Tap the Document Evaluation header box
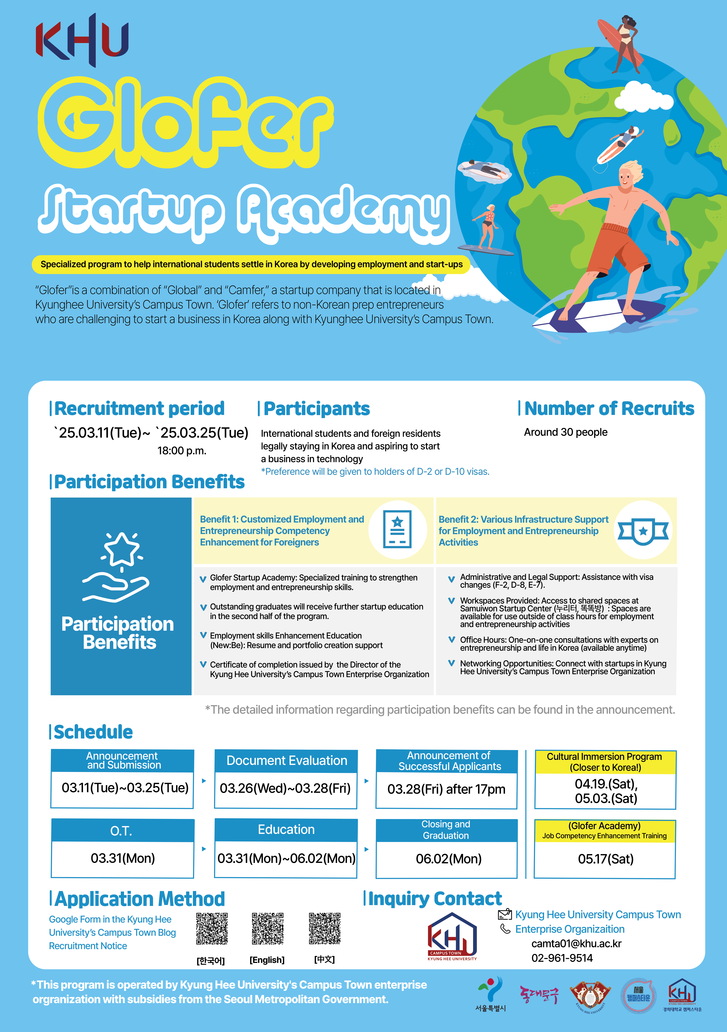(286, 761)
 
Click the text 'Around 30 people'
(566, 432)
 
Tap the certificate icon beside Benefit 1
(397, 529)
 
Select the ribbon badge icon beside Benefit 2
(643, 530)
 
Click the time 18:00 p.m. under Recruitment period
(182, 451)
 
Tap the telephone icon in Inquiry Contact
(505, 929)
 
